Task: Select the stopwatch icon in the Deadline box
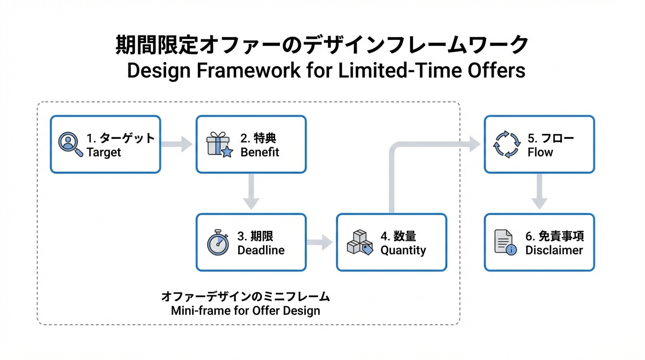point(218,242)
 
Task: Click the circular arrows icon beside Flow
point(507,144)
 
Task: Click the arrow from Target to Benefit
point(177,144)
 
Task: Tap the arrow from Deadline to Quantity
point(321,242)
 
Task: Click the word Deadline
point(261,250)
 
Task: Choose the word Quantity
point(403,250)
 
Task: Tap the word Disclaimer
point(554,250)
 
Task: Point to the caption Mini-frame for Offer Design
point(246,310)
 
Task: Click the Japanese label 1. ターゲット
point(120,138)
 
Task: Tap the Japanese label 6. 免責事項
point(555,236)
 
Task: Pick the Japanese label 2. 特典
point(258,138)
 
